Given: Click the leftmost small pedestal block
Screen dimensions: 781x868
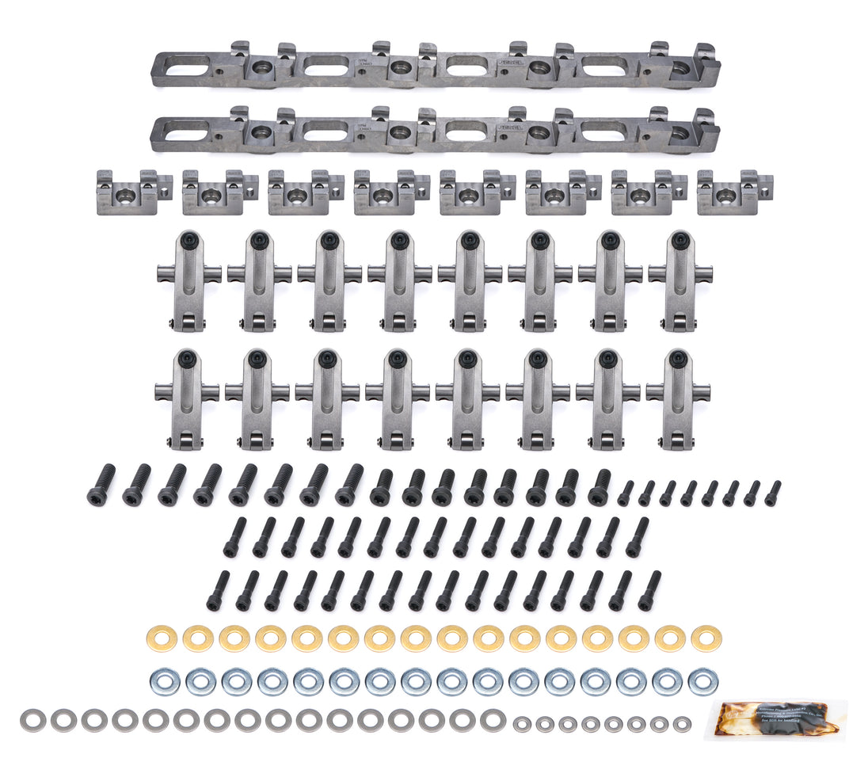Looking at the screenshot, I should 133,192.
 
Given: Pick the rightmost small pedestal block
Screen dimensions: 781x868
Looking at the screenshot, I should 733,192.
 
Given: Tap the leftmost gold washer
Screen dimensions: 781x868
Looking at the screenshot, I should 162,638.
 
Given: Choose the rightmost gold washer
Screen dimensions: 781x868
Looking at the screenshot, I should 705,638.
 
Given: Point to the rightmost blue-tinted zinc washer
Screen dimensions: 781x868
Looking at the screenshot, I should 702,681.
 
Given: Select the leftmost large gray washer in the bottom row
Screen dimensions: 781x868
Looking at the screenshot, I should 32,719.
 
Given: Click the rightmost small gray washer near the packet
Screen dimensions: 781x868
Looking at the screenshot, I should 682,724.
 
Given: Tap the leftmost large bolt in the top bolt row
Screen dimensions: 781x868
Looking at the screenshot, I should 101,485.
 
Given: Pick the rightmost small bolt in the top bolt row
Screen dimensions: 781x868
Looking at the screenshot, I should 772,493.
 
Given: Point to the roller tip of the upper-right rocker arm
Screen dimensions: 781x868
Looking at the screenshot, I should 679,322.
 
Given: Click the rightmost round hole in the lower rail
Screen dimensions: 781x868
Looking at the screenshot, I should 679,135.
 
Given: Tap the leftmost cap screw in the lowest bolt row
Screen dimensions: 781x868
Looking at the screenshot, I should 218,590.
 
